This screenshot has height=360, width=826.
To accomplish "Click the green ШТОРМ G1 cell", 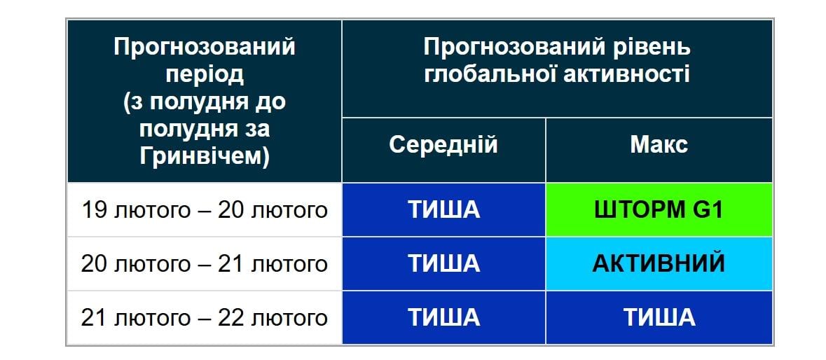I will (659, 209).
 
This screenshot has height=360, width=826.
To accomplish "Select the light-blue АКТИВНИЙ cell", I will (659, 263).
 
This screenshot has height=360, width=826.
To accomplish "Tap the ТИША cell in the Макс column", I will (659, 317).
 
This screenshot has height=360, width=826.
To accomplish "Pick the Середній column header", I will (443, 144).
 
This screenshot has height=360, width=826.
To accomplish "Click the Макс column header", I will (659, 144).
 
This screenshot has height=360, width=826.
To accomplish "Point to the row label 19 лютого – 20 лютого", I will (205, 209).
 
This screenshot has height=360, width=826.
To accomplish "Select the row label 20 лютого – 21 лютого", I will (205, 263).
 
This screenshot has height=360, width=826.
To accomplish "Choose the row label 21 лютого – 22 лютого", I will (205, 317).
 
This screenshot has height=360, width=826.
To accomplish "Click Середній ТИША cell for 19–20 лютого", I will (443, 209).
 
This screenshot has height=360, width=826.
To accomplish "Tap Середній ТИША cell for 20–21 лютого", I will (443, 263).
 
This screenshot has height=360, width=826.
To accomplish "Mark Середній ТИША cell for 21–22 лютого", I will (443, 317).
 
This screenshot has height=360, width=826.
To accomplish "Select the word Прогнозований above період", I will (205, 48).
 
